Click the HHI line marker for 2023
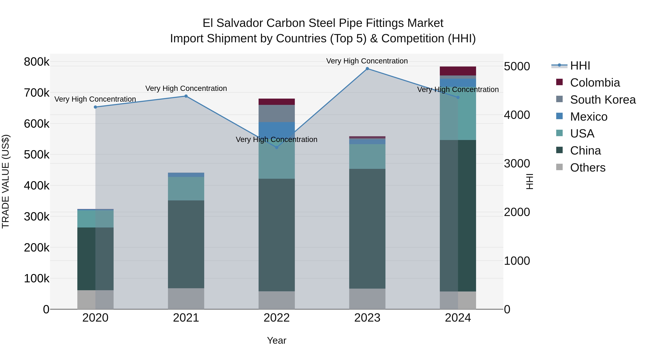click(x=367, y=69)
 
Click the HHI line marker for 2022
click(x=277, y=148)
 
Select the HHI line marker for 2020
click(x=95, y=107)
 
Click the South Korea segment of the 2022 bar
click(x=277, y=113)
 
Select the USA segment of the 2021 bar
click(x=186, y=189)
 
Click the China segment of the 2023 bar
click(x=367, y=229)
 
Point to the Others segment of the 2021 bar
click(x=186, y=299)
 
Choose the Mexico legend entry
click(x=589, y=117)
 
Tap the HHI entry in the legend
click(x=580, y=66)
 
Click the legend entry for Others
click(x=588, y=168)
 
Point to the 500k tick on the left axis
click(x=37, y=155)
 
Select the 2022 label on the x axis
click(x=277, y=318)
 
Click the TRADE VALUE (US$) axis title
click(x=6, y=181)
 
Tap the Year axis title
click(x=277, y=340)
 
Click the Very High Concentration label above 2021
click(x=186, y=88)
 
